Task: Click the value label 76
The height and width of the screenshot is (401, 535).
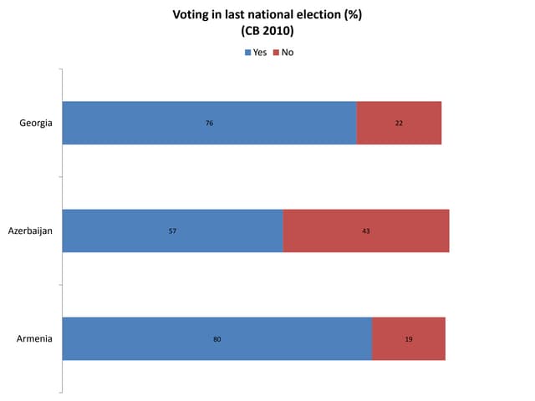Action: tap(210, 123)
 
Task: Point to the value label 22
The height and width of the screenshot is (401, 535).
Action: tap(399, 123)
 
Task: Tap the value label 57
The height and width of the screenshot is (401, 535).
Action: tap(173, 231)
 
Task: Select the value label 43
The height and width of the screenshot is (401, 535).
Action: tap(366, 231)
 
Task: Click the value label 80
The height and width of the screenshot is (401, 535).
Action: tap(217, 338)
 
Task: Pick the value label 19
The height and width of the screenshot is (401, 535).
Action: tap(409, 338)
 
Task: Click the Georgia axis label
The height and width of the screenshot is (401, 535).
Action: tap(36, 123)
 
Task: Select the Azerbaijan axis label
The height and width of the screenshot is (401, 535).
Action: tap(30, 231)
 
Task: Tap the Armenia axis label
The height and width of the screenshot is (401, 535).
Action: tap(35, 338)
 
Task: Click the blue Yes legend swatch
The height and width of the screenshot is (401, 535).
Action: tap(247, 53)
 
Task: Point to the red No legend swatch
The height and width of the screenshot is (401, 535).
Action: tap(276, 53)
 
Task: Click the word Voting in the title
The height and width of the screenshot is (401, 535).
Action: tap(190, 15)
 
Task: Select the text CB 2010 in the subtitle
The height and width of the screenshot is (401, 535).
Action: tap(267, 32)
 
